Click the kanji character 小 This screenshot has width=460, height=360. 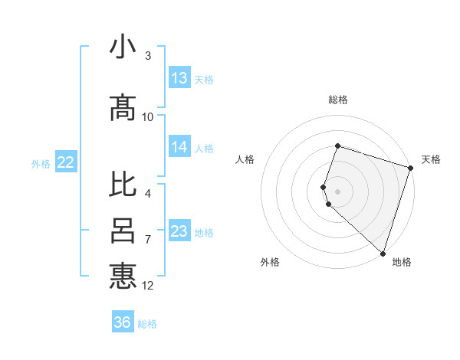click(x=123, y=47)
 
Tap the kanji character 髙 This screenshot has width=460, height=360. click(x=123, y=109)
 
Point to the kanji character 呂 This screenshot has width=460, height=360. click(x=123, y=230)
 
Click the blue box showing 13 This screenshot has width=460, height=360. click(x=179, y=78)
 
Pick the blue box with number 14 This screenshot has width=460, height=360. click(x=179, y=147)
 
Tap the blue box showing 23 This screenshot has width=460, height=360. click(x=179, y=231)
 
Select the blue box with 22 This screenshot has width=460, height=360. click(x=65, y=162)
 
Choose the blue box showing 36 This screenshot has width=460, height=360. click(x=123, y=322)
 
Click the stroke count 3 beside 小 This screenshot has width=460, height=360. click(x=148, y=56)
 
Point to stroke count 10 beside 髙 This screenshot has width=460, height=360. click(x=148, y=117)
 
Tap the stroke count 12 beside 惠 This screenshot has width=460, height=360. click(x=148, y=286)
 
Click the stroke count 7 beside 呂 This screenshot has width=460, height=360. click(x=148, y=240)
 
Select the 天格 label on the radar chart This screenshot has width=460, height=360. click(x=431, y=159)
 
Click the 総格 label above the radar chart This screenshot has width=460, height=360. click(x=338, y=100)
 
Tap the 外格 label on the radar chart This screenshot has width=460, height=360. click(x=270, y=262)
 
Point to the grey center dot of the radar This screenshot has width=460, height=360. click(x=338, y=191)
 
